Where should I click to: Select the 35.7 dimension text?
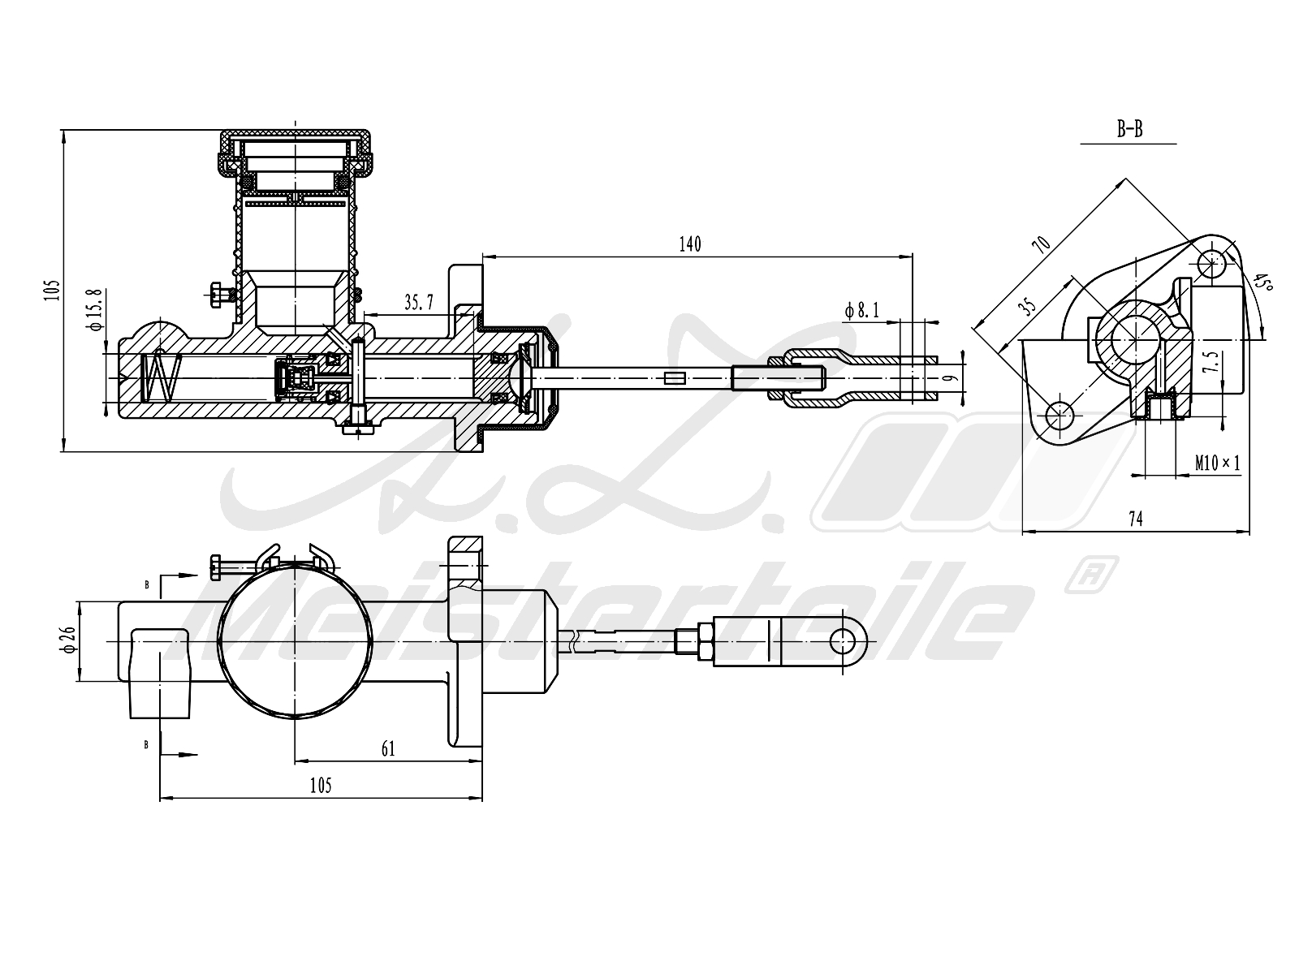coord(419,303)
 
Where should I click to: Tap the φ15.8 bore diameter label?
coord(95,309)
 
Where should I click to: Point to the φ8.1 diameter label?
coord(862,309)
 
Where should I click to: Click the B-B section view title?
coord(1129,129)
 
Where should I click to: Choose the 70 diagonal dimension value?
coord(1041,243)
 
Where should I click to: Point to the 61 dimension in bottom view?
coord(388,748)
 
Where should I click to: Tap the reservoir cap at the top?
coord(296,138)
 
